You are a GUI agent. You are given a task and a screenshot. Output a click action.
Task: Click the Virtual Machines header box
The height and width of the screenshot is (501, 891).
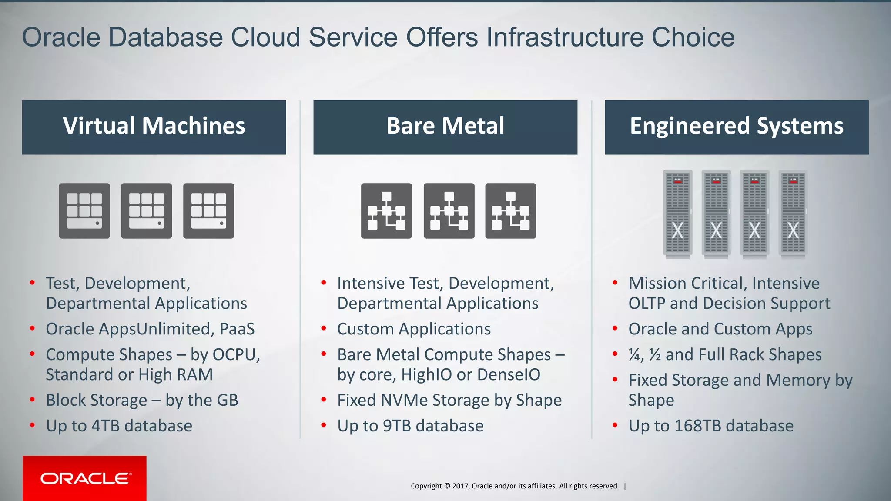click(x=154, y=127)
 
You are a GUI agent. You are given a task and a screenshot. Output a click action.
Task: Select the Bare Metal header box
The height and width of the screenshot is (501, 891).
click(x=445, y=127)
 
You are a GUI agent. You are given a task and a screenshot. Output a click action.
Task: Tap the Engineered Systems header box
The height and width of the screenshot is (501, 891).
click(x=736, y=127)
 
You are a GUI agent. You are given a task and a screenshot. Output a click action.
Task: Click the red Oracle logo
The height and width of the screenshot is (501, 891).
click(x=84, y=478)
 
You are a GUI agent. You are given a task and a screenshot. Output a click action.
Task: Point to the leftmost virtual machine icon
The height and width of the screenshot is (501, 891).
click(x=84, y=211)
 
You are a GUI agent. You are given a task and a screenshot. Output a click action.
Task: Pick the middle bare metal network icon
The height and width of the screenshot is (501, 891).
click(x=449, y=211)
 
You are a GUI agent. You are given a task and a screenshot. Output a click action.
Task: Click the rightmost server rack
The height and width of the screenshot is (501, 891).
click(x=793, y=213)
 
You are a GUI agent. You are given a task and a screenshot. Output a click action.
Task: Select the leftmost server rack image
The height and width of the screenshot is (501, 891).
click(x=677, y=213)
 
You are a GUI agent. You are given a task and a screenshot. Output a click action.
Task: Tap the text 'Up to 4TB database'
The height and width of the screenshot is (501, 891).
click(x=119, y=426)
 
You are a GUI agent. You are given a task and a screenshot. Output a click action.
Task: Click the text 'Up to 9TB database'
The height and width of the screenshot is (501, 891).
click(x=410, y=426)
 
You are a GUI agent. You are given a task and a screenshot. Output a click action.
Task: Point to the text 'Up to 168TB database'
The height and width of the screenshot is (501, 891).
click(x=711, y=426)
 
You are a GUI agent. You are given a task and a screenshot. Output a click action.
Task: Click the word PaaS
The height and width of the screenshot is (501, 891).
click(x=237, y=329)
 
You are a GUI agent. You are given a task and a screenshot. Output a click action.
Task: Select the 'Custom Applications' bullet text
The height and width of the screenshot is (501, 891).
click(x=414, y=329)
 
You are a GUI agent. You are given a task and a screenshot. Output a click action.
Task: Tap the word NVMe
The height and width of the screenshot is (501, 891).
click(x=404, y=400)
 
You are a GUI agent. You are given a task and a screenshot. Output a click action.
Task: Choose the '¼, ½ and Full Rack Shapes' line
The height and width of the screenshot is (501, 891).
click(x=725, y=355)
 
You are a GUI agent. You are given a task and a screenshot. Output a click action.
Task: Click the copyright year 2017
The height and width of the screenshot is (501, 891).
click(x=460, y=486)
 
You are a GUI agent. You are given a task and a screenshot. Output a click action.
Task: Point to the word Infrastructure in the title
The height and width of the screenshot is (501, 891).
click(x=565, y=37)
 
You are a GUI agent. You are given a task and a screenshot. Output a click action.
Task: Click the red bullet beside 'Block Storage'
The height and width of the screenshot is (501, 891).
click(x=33, y=399)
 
